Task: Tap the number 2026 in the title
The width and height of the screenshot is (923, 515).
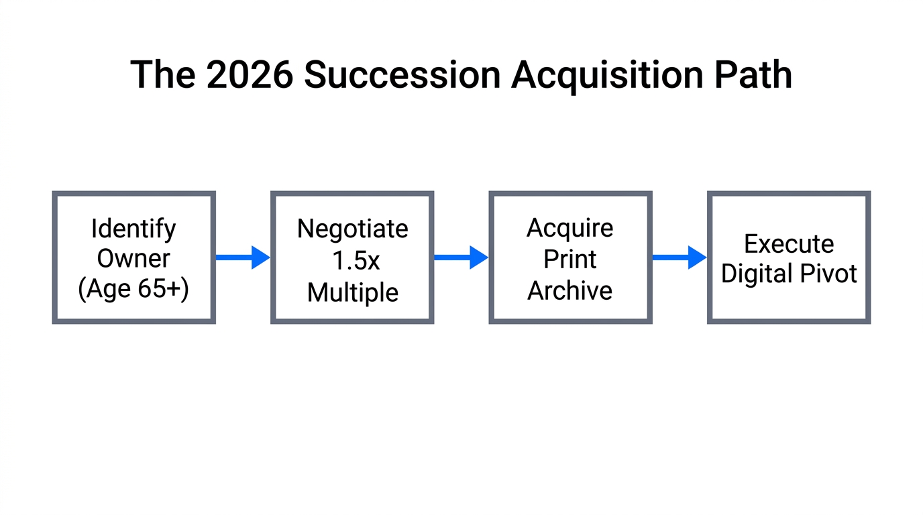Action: (250, 74)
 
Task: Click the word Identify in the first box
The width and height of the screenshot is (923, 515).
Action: (133, 229)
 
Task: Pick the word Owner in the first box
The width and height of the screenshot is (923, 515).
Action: (133, 258)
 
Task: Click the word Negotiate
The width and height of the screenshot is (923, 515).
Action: (352, 229)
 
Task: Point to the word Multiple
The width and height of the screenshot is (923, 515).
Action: (352, 292)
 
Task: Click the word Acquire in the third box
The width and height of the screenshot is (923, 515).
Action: (569, 229)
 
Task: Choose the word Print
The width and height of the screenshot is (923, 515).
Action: (569, 260)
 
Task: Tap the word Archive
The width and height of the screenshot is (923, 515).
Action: (569, 291)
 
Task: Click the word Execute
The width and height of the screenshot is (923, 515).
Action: (789, 243)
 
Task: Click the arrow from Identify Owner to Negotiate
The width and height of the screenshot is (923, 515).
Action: (242, 257)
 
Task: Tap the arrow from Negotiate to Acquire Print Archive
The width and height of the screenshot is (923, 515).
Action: (461, 257)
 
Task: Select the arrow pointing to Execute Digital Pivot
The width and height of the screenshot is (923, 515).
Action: (679, 257)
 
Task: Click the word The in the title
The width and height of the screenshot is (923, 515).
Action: (162, 74)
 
